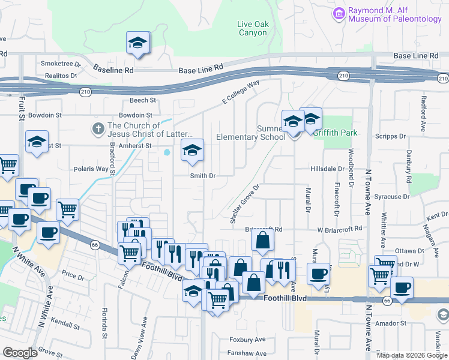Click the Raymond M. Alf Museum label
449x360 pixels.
coord(395,14)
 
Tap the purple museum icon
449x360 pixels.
coord(339,12)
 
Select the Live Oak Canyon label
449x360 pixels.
coord(252,28)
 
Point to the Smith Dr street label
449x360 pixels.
coord(202,176)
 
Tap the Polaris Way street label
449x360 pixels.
coord(93,169)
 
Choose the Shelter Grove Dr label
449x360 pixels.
coord(244,204)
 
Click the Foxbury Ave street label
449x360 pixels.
coord(247,339)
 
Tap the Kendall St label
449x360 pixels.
coord(66,325)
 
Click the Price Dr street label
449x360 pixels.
coord(73,276)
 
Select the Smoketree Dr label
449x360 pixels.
coord(60,63)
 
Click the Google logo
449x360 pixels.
coord(20,353)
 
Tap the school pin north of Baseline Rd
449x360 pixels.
coord(137,44)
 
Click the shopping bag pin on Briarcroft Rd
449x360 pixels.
coord(263,241)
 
